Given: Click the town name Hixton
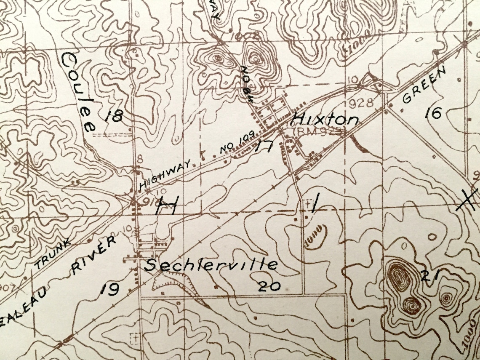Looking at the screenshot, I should point(325,119).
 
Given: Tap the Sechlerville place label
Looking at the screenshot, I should point(211,265).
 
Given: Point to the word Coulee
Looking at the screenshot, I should point(79,92).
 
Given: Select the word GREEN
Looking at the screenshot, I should point(424,85).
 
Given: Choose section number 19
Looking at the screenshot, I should point(109,288).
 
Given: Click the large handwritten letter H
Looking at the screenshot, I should point(166,206).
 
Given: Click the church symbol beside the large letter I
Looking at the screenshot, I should point(307,204).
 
